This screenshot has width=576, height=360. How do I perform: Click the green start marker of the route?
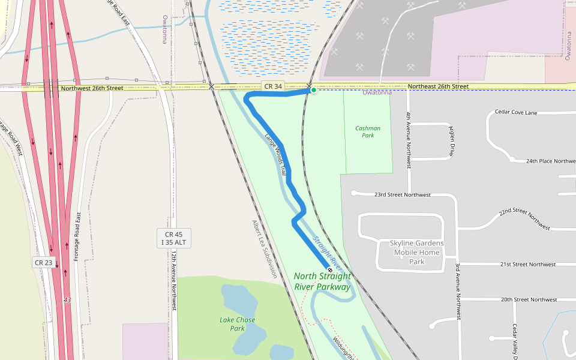click(x=313, y=90)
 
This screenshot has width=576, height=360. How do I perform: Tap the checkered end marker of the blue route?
click(x=329, y=270)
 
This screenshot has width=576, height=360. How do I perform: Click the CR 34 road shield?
click(x=273, y=86)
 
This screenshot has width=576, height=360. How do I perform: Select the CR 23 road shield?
click(x=43, y=262)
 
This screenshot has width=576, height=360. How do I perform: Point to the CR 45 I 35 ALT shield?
click(x=174, y=238)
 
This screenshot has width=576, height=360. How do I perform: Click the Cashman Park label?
click(x=368, y=131)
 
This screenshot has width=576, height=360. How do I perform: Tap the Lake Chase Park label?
click(x=237, y=324)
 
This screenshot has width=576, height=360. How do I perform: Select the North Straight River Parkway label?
click(x=322, y=281)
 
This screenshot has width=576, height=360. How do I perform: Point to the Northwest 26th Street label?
click(x=92, y=88)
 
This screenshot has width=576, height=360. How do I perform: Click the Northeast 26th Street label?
click(x=438, y=86)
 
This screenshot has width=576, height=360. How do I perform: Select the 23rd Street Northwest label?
click(x=403, y=195)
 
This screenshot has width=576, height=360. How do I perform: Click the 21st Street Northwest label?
click(x=528, y=265)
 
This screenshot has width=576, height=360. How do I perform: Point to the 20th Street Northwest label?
click(x=529, y=299)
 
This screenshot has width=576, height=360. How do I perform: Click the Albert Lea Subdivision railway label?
click(x=265, y=248)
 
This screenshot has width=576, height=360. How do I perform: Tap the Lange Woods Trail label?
click(x=275, y=153)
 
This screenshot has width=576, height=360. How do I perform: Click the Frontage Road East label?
click(x=77, y=236)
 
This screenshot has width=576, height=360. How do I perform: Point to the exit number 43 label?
click(x=67, y=299)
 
